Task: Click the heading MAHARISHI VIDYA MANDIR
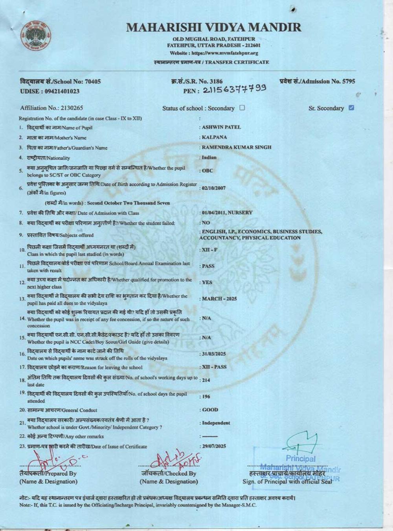click(214, 28)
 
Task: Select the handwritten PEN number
click(234, 89)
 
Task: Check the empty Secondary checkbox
click(242, 108)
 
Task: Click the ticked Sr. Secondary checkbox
click(351, 108)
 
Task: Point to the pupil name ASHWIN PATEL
click(221, 127)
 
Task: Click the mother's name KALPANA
click(214, 137)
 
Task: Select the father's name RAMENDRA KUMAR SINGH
click(236, 147)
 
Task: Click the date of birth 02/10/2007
click(213, 188)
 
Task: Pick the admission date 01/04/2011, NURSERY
click(227, 212)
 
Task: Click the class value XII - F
click(209, 250)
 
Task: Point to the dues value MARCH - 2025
click(219, 299)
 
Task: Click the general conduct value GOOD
click(210, 410)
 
